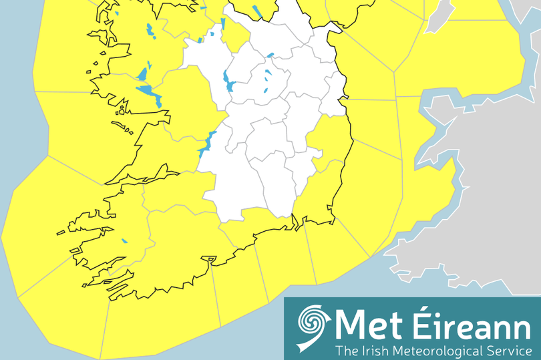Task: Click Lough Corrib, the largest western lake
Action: pyautogui.click(x=150, y=94)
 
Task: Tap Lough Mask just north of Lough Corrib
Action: pyautogui.click(x=142, y=73)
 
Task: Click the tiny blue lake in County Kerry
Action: pyautogui.click(x=124, y=241)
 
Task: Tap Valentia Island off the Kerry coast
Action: pyautogui.click(x=61, y=232)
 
